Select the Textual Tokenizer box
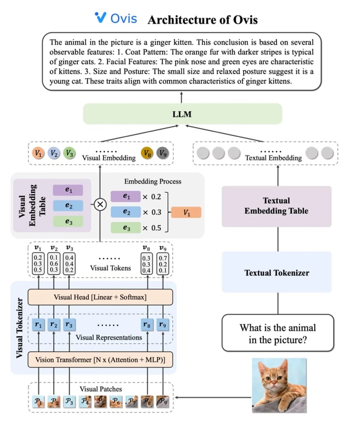point(277,273)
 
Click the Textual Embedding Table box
point(277,206)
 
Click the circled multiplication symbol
point(100,204)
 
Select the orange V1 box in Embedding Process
point(186,213)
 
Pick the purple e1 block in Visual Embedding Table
point(68,190)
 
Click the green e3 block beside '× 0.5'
point(126,228)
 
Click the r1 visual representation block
point(38,324)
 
